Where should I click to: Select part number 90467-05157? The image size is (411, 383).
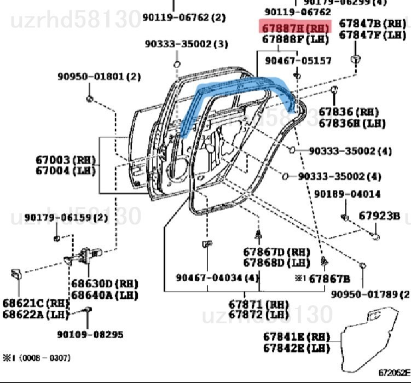tap(298, 60)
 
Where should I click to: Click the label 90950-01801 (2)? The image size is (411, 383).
tap(99, 77)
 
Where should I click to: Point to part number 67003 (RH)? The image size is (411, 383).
tap(66, 160)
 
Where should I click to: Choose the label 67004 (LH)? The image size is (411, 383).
tap(66, 171)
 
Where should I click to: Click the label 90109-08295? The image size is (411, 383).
tap(90, 334)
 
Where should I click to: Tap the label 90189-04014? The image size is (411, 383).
tap(348, 194)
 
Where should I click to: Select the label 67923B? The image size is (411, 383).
tap(379, 216)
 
